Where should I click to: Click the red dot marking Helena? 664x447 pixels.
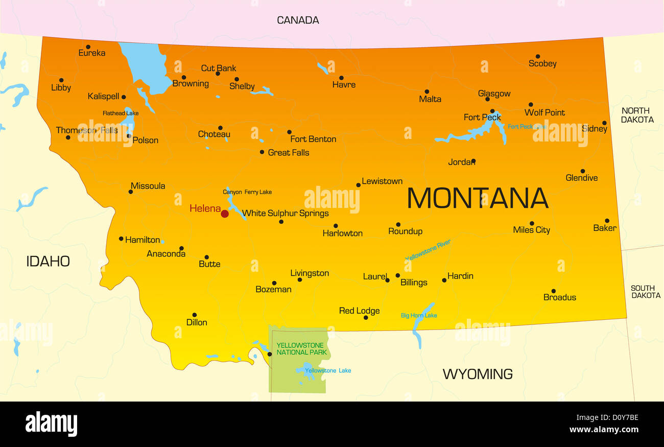point(225,214)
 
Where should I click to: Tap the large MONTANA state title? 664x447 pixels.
point(478,198)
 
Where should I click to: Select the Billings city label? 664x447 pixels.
point(414,283)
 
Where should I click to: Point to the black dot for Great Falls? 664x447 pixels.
point(262,152)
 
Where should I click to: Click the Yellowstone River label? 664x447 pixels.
point(428,250)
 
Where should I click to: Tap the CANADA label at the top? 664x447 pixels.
point(298,20)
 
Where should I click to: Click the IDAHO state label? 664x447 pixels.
point(48,262)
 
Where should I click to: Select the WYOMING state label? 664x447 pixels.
point(477,374)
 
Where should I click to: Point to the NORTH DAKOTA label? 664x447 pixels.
point(637,115)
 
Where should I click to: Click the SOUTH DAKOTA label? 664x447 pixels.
point(645,292)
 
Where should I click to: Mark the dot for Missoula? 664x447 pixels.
point(131,192)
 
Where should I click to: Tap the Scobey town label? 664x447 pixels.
point(542,64)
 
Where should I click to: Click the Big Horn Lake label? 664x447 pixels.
point(419,316)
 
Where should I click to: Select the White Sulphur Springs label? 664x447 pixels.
point(285,214)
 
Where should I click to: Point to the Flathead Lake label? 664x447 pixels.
point(121,113)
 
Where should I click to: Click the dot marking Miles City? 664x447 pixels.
point(532,223)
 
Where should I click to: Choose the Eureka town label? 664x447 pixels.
point(92,53)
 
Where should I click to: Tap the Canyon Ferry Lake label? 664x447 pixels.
point(247,192)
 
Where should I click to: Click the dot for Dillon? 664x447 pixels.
point(194,315)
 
